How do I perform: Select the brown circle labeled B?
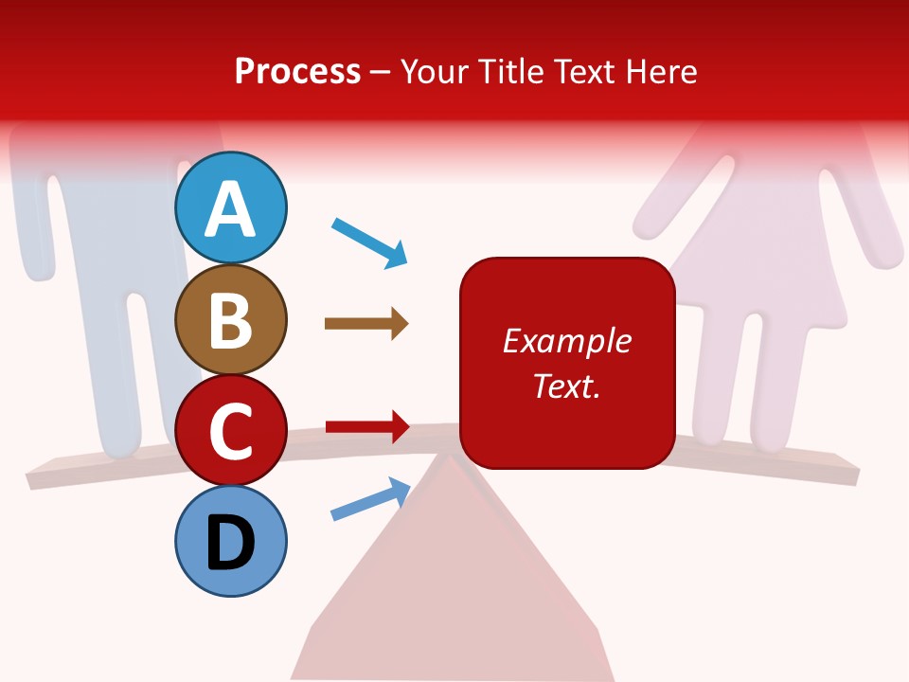(231, 319)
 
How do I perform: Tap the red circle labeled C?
(231, 431)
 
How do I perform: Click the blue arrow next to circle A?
(369, 242)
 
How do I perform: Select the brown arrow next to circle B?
(365, 324)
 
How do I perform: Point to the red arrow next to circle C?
(366, 426)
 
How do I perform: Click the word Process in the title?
(297, 71)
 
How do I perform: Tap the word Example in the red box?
(566, 341)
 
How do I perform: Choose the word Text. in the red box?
(566, 386)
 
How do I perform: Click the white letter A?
(231, 208)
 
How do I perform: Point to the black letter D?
(231, 544)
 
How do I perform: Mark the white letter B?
(231, 320)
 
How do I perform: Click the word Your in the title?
(431, 71)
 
